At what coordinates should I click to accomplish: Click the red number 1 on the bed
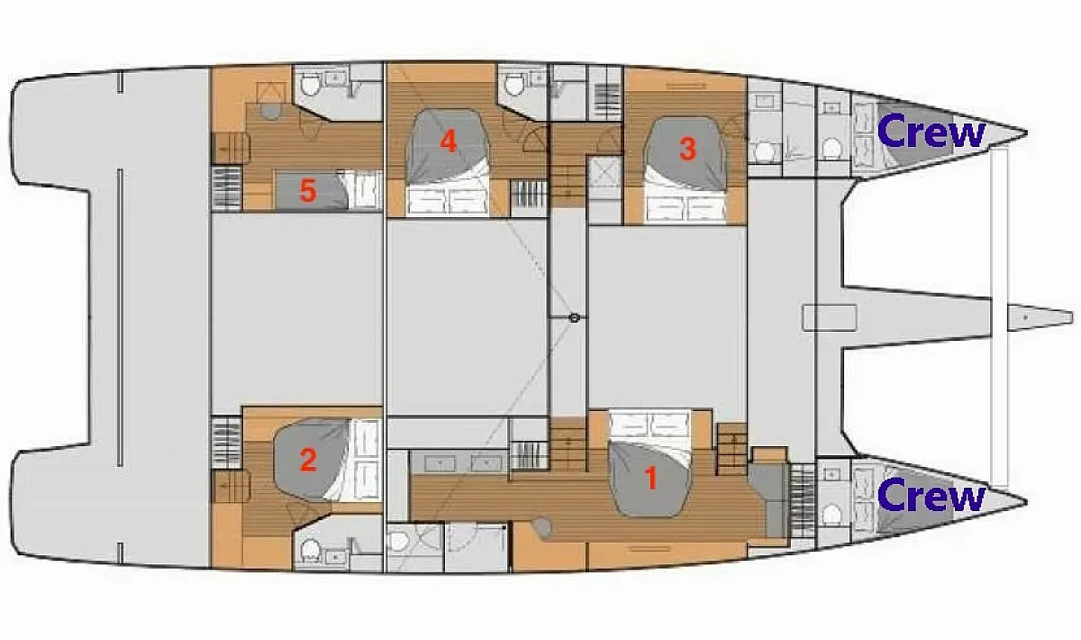[x=651, y=478]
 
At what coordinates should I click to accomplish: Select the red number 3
[x=687, y=149]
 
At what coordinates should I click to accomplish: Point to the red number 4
[x=449, y=142]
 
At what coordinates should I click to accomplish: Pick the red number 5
[x=308, y=191]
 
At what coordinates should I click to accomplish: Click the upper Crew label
[x=931, y=131]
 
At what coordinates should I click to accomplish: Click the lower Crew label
[x=931, y=495]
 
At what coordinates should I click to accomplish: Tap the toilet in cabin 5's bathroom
[x=310, y=86]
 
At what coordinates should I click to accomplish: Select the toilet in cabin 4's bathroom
[x=513, y=85]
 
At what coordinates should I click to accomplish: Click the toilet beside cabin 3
[x=765, y=151]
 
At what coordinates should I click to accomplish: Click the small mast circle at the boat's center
[x=574, y=317]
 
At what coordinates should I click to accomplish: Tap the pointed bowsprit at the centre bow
[x=1040, y=317]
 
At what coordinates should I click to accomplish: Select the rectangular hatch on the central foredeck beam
[x=830, y=317]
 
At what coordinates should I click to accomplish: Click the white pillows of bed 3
[x=686, y=209]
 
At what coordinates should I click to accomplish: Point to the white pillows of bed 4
[x=448, y=200]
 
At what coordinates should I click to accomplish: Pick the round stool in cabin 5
[x=270, y=111]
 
